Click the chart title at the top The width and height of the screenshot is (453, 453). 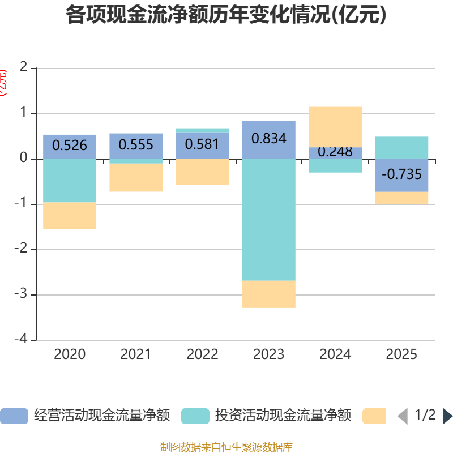tap(226, 15)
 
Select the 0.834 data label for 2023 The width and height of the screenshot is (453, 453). tap(268, 139)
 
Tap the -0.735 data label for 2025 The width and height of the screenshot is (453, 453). tap(401, 174)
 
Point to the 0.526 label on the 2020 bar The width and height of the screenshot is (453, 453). tap(70, 146)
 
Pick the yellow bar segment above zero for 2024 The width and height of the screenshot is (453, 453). tap(335, 126)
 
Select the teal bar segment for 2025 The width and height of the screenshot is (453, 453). tap(401, 147)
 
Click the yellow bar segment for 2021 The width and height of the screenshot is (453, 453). tap(136, 178)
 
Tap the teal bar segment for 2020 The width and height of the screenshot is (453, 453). tap(70, 180)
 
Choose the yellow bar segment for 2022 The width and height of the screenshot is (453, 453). tap(202, 172)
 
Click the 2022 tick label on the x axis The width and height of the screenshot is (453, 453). tap(202, 354)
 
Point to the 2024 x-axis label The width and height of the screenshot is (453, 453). tap(335, 354)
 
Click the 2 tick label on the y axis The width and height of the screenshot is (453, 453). tap(23, 67)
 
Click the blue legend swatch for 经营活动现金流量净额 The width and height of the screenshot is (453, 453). tap(14, 416)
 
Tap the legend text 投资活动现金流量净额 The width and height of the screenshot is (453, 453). tap(283, 416)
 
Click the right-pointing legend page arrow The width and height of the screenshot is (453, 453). tap(447, 416)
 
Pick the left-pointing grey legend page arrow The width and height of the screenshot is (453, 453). tap(402, 416)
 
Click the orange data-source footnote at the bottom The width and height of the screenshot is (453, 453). tap(226, 447)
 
